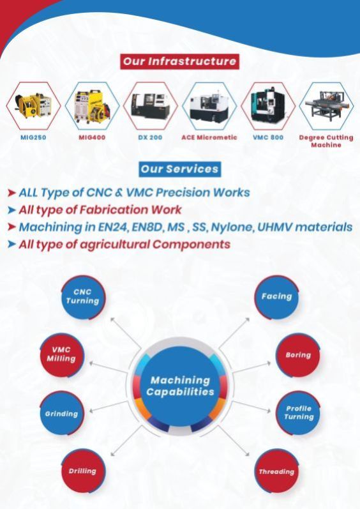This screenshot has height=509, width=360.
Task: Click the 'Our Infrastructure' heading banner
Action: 179,61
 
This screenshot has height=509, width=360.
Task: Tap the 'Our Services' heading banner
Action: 179,169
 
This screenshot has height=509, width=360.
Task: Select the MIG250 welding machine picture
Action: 33,105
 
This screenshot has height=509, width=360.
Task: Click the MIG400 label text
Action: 92,137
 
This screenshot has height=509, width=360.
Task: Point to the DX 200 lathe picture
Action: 150,105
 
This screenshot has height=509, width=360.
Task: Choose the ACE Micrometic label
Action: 209,137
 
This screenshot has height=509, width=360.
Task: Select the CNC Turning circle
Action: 83,297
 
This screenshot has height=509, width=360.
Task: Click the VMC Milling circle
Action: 62,354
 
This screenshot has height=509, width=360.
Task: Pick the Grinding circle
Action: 62,413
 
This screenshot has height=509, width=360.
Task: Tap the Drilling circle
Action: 83,471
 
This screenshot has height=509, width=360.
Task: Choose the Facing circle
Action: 276,297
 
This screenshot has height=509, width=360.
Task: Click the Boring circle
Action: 297,355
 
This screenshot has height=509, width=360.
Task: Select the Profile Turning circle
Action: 297,413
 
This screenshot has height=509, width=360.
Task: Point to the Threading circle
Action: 276,471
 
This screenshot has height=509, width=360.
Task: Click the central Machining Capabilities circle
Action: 181,386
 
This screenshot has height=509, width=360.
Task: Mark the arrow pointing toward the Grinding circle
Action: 109,406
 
